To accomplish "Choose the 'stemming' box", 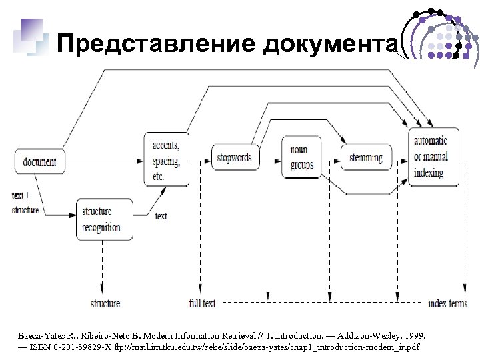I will (366, 158).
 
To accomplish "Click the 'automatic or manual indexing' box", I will (433, 158).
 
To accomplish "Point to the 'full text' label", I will (202, 303).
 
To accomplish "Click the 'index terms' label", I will (447, 303).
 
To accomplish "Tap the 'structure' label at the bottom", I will (105, 303).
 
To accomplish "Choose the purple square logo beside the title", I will (31, 37).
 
